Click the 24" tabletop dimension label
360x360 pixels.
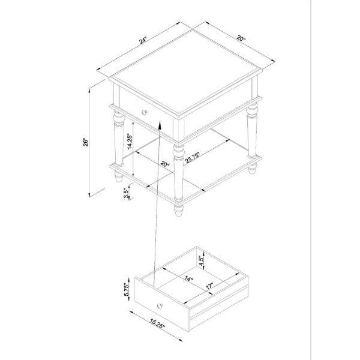point(143,40)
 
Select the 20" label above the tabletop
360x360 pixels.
point(241,38)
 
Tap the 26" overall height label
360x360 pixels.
point(85,142)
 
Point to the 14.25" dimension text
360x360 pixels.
point(130,142)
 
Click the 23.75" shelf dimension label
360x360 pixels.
point(193,157)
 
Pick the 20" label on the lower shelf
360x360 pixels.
point(165,164)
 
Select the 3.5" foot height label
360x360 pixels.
point(126,193)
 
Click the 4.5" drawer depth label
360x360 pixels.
point(202,261)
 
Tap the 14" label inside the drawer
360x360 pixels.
point(189,279)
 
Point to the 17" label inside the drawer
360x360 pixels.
point(209,286)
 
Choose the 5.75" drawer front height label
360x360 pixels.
point(127,290)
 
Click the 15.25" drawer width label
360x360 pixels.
point(157,324)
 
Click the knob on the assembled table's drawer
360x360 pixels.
point(145,113)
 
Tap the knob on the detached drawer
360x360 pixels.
point(160,306)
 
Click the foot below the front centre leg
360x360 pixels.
point(178,211)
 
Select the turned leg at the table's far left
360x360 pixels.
point(119,138)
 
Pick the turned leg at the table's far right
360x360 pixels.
point(252,131)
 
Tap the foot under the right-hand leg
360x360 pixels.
point(253,169)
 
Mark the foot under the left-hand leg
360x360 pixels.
point(119,177)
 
